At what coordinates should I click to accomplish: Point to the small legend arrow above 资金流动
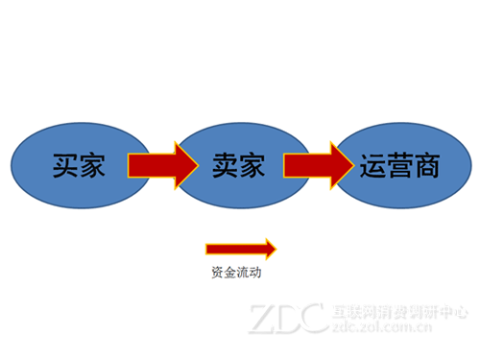[241, 249]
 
